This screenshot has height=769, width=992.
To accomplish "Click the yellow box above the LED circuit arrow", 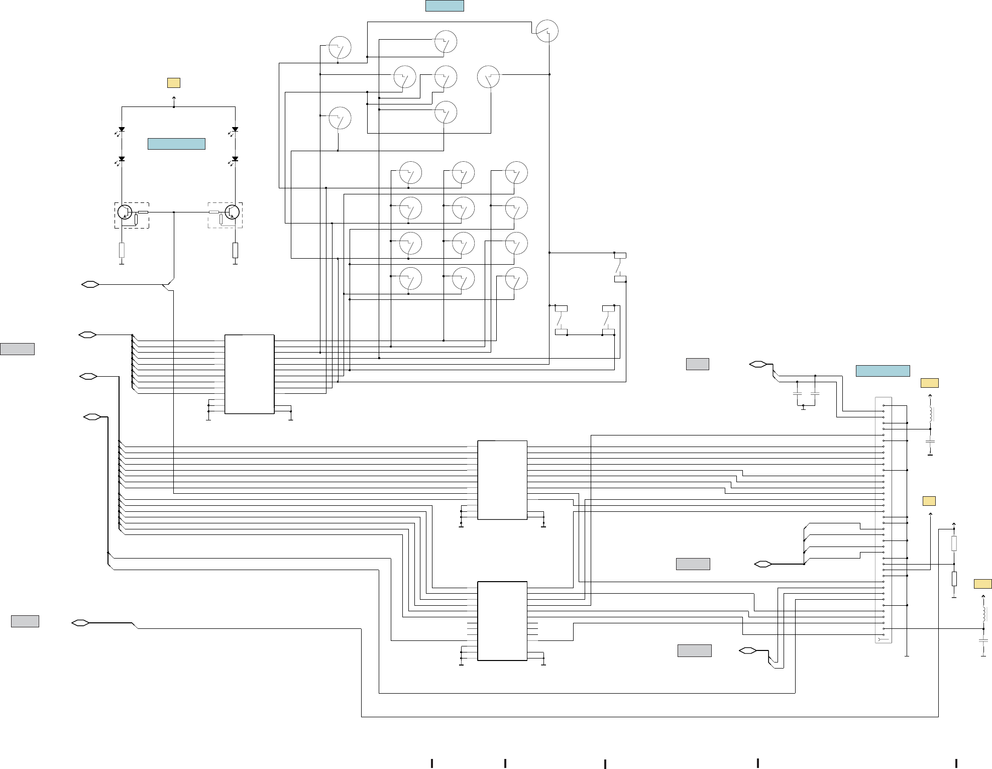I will point(174,83).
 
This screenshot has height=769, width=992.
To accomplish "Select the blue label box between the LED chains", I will point(176,144).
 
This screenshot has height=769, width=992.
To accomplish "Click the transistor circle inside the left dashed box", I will point(125,212).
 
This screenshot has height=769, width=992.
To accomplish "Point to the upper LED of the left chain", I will point(122,130).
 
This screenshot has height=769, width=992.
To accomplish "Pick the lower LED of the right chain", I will point(235,159).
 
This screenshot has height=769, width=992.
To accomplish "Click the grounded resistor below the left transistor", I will point(122,250).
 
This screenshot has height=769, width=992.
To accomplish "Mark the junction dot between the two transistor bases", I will point(174,212).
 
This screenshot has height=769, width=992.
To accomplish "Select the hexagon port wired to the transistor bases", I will point(90,285).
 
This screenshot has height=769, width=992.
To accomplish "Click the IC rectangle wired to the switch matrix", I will point(249,374).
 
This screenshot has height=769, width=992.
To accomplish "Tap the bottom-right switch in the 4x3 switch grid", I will point(516,279).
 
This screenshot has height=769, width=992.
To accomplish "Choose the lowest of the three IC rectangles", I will point(502,621).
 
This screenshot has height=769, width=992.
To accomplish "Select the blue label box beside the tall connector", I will point(883,371).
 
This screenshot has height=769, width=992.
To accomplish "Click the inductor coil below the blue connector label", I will point(930,414).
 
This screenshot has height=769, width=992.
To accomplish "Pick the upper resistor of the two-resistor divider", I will point(954,543).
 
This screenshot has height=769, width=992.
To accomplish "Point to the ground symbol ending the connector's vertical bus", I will point(907,656).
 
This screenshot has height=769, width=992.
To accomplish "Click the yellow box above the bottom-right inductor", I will point(982,584).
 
